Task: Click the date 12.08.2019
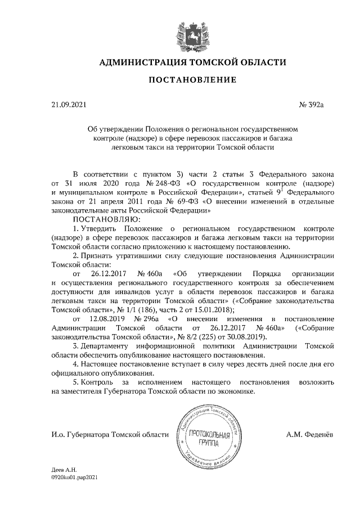110,318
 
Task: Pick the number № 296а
148,318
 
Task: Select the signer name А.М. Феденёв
309,435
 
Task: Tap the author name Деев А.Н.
64,469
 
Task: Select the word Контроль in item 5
97,381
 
